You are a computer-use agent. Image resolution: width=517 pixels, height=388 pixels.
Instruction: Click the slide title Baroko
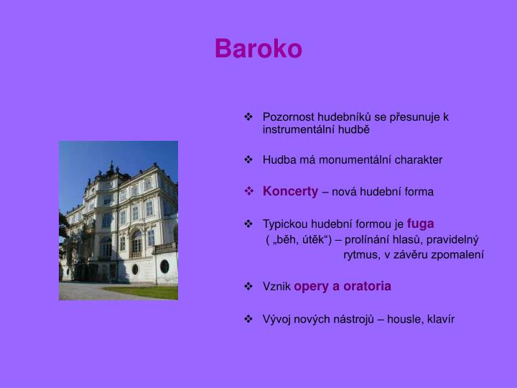258,49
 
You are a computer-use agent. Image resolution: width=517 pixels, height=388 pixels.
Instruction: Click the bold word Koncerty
290,191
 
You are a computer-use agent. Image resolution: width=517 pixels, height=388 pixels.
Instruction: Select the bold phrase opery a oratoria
343,286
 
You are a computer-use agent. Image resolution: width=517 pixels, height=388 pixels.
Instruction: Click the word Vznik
276,287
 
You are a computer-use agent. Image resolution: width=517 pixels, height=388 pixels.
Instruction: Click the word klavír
441,319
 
